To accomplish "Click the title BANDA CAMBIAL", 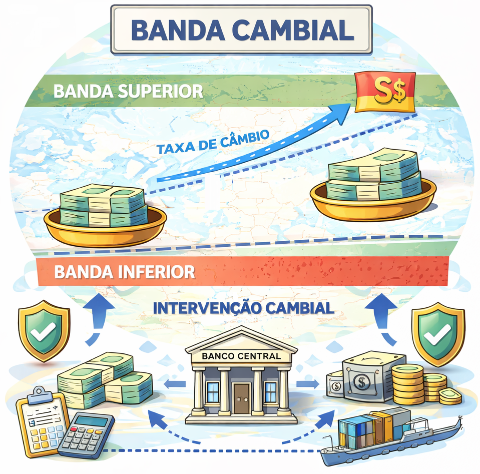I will point(242,30).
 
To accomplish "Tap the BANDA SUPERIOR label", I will point(128,91).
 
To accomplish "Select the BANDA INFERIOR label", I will point(124,272).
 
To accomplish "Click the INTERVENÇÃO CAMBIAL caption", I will point(243,307).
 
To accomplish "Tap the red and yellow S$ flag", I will point(384,92).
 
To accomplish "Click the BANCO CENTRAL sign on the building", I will point(241,357).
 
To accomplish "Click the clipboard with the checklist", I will point(40,420).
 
